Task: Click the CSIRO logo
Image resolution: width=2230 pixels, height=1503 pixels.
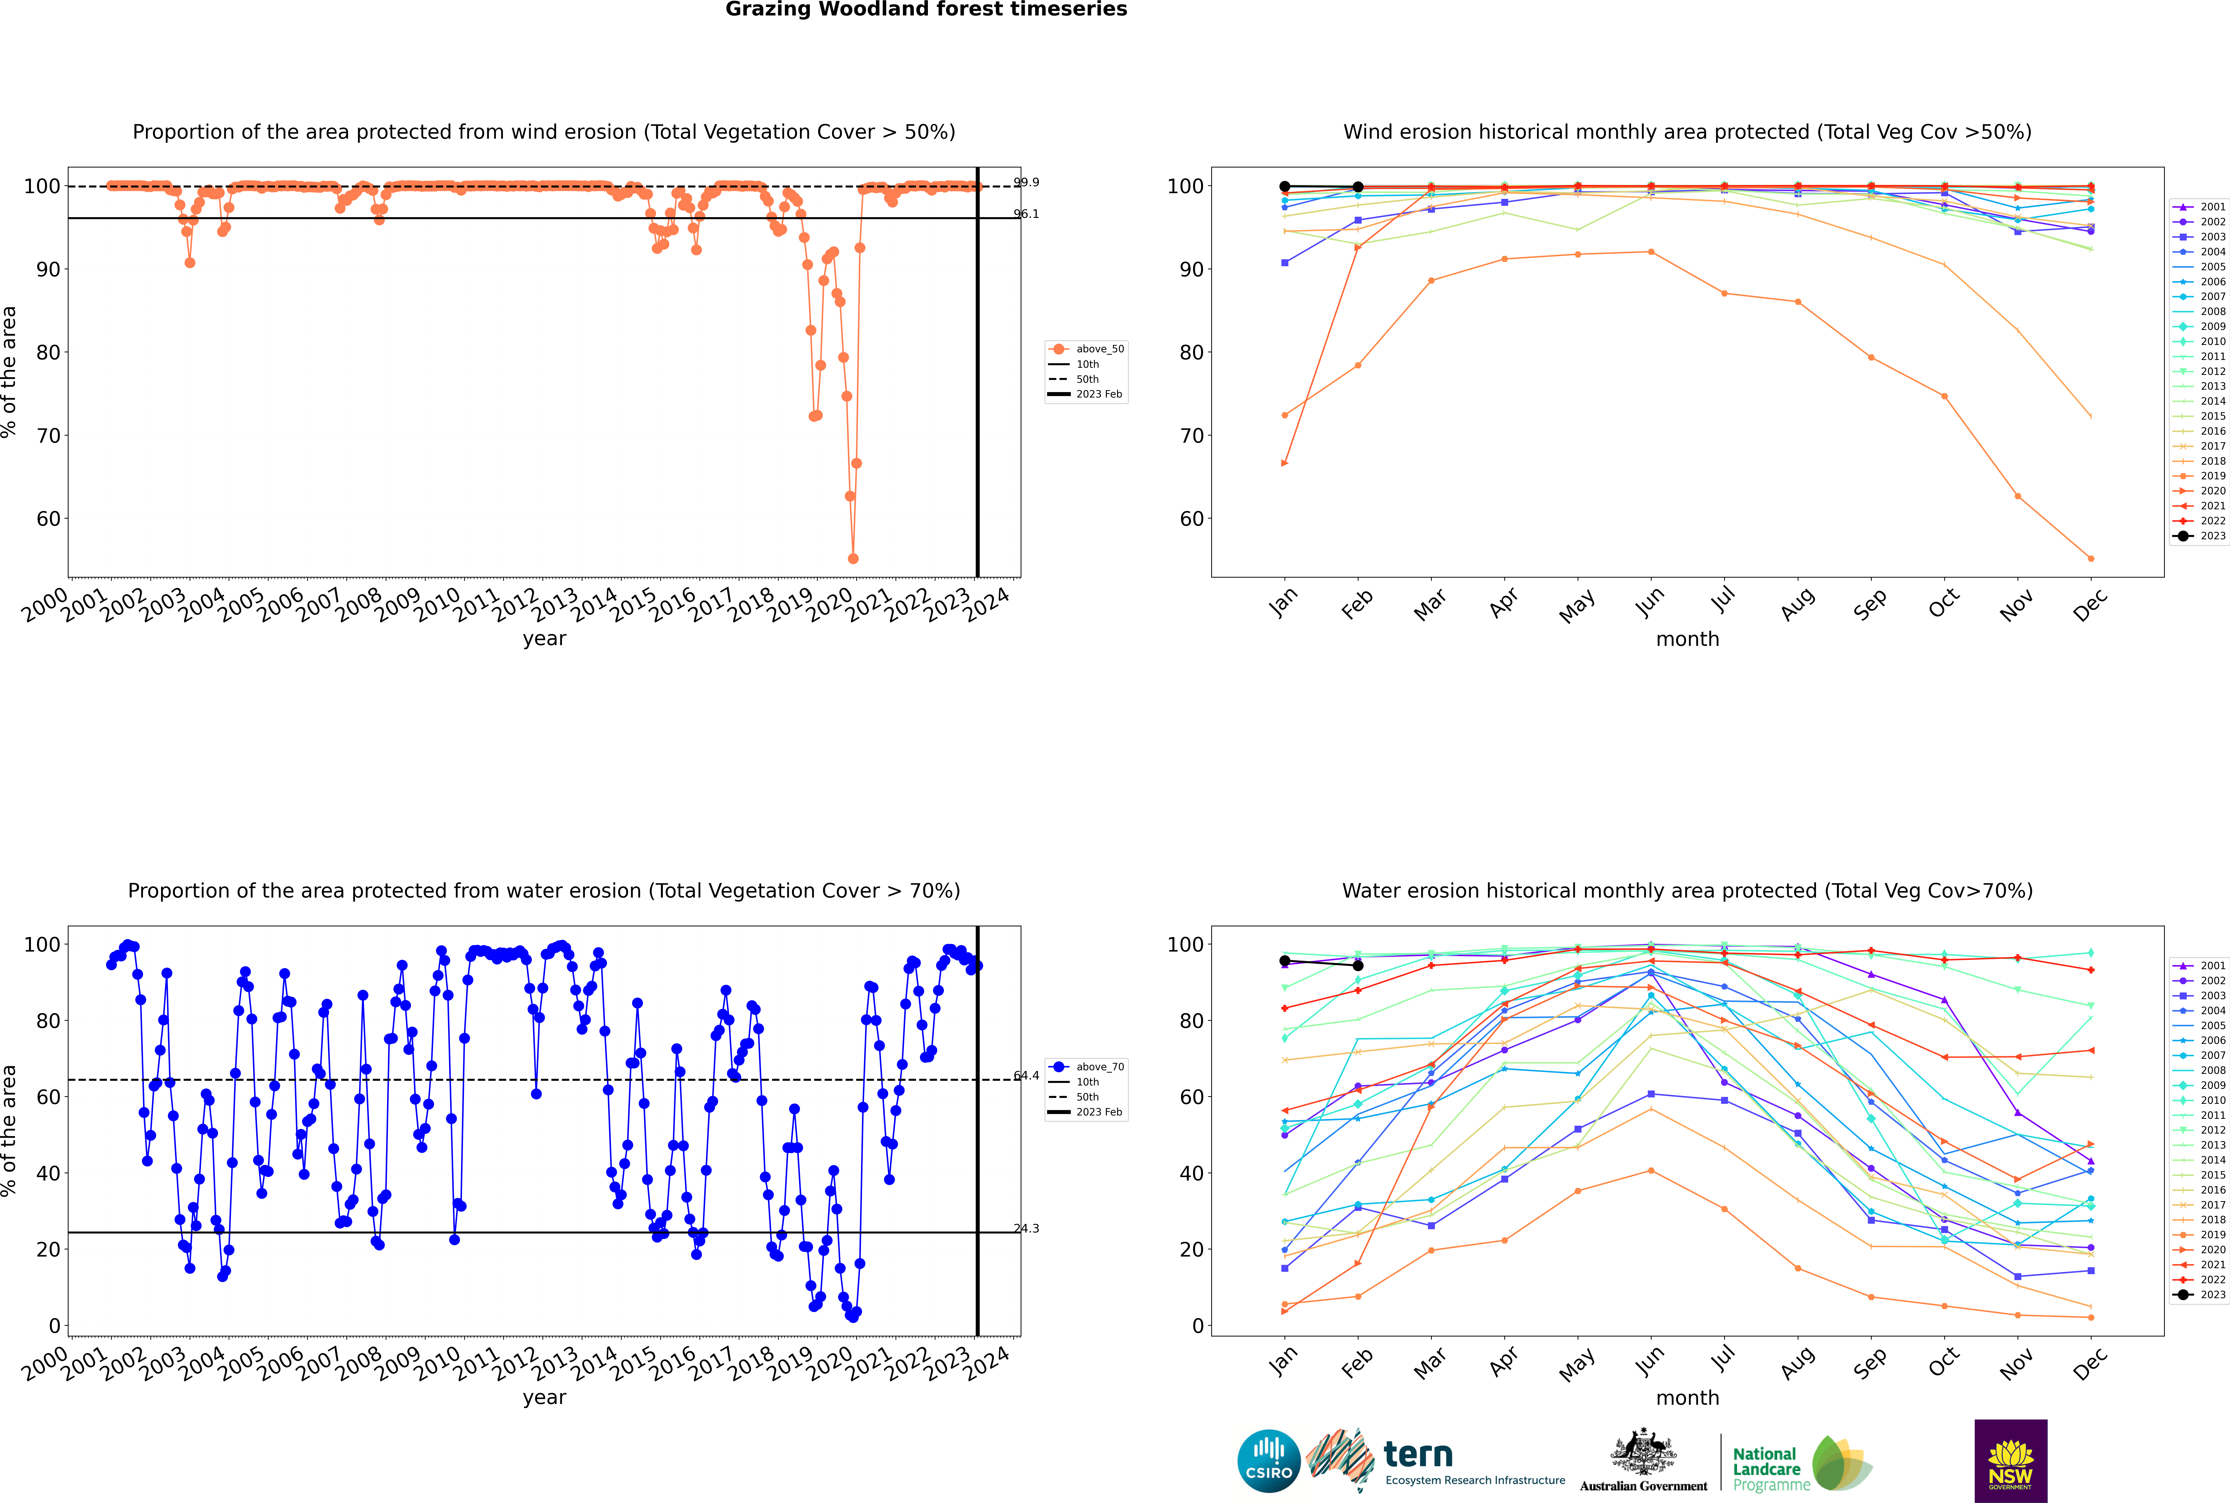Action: pyautogui.click(x=1268, y=1461)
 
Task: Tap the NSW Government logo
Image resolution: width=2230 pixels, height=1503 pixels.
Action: pyautogui.click(x=2010, y=1460)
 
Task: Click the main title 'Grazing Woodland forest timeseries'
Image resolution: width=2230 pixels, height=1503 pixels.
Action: pyautogui.click(x=926, y=10)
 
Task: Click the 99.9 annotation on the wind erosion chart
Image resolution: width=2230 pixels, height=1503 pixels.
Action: pyautogui.click(x=1027, y=182)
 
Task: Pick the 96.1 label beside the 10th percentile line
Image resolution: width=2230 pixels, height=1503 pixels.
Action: pyautogui.click(x=1027, y=214)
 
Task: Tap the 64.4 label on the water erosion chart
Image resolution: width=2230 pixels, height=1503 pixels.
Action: pyautogui.click(x=1027, y=1076)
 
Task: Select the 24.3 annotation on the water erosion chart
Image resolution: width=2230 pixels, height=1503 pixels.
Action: pyautogui.click(x=1027, y=1228)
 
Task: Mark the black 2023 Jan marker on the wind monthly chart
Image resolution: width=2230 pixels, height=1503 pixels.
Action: pyautogui.click(x=1285, y=186)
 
